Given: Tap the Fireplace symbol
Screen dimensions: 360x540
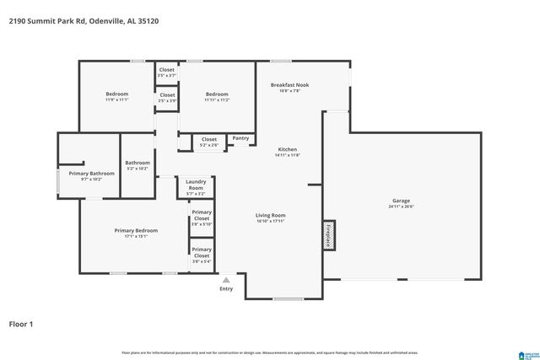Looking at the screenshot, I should [x=328, y=234].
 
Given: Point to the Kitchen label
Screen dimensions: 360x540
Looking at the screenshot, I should [x=288, y=152].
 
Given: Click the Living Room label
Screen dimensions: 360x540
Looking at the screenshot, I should [x=271, y=217].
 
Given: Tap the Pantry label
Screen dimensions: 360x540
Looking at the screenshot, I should [x=240, y=138].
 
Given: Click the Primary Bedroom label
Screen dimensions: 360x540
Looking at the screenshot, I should [x=136, y=233].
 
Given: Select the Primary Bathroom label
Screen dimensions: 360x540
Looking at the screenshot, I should [x=91, y=175].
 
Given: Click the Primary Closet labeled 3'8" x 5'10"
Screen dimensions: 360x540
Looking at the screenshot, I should [x=201, y=218].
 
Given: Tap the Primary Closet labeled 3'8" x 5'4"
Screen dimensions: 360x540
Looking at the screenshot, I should [x=201, y=255].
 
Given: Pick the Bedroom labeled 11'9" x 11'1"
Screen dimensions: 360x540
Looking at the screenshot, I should [x=116, y=96].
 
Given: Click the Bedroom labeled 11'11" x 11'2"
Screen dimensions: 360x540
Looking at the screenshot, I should [x=217, y=96].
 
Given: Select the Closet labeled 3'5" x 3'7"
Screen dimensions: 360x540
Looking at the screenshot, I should [x=167, y=73].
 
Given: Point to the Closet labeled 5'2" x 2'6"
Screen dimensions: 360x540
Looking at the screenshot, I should [x=208, y=142].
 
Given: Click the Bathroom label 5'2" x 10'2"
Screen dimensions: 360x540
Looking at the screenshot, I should [x=138, y=165].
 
